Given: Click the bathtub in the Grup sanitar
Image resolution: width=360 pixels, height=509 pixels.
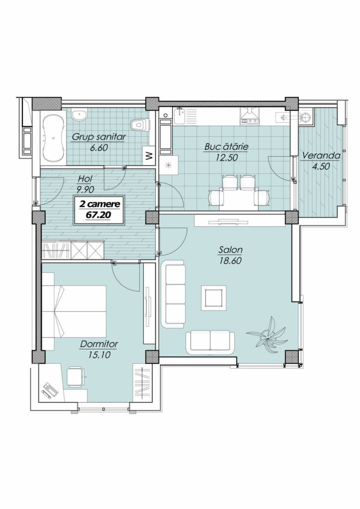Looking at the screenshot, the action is (x=53, y=138).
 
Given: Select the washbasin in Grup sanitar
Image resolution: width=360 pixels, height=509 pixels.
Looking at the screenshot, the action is (x=79, y=115).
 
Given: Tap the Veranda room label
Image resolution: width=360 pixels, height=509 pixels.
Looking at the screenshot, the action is (x=321, y=156).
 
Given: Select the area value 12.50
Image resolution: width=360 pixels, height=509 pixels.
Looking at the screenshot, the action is (x=227, y=158).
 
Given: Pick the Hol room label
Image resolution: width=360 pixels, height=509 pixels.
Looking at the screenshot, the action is (x=86, y=178).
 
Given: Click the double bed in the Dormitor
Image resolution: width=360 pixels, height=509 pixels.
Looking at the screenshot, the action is (x=74, y=311).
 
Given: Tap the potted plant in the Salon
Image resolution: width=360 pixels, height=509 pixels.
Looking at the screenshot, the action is (x=267, y=334).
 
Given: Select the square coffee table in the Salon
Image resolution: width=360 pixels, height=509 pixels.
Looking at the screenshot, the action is (x=214, y=298).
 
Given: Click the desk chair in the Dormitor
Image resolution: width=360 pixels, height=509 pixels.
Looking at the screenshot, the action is (x=76, y=377).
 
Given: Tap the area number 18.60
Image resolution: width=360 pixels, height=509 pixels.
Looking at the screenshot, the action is (x=230, y=260).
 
